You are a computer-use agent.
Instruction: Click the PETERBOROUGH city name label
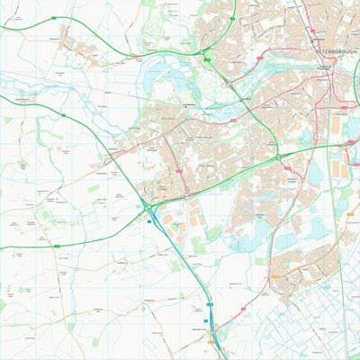coord(337,52)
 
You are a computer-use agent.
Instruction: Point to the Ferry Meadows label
coord(189,106)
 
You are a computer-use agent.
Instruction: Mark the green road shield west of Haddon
coord(55,245)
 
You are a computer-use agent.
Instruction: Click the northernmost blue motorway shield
coord(149,222)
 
